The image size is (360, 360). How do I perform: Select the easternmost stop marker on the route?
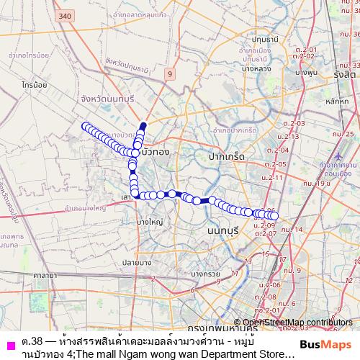pos(274,215)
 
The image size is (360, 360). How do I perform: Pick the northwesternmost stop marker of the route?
pos(86,127)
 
